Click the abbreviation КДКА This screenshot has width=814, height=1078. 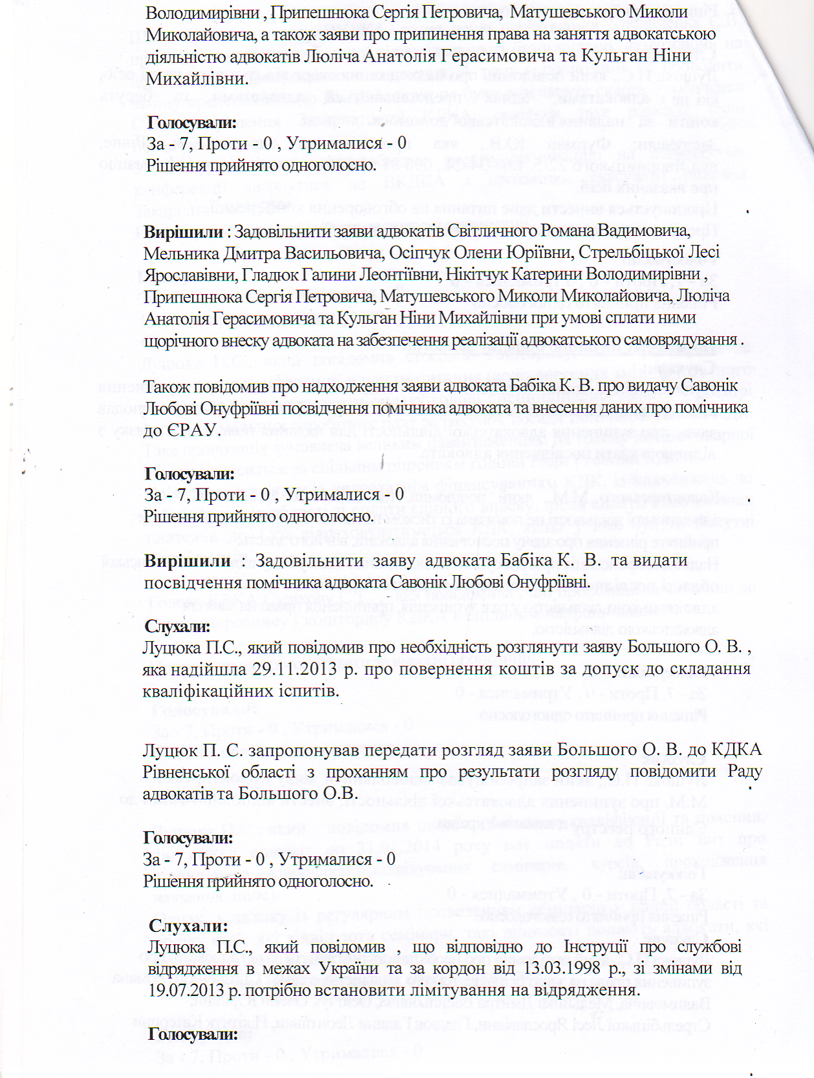[x=736, y=750]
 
